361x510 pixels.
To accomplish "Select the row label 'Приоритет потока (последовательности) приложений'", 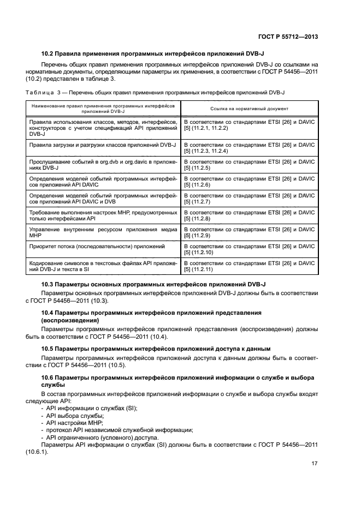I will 97,247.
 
